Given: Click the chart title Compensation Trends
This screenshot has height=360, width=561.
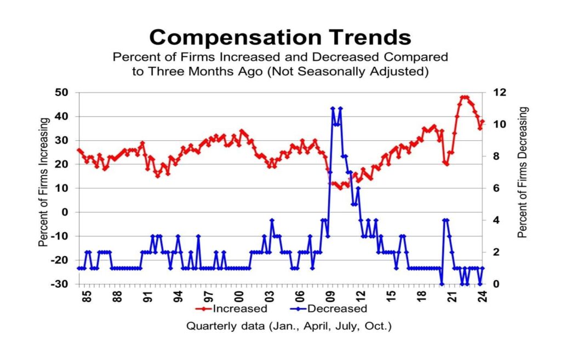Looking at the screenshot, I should coord(280,37).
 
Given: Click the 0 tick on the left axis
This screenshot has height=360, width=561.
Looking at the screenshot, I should coord(68,212).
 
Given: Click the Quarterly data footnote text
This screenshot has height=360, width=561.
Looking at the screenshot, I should coord(289,326).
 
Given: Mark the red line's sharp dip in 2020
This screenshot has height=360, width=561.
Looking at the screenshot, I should coord(446,164).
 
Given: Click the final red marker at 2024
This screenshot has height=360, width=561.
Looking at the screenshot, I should coord(483,122).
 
